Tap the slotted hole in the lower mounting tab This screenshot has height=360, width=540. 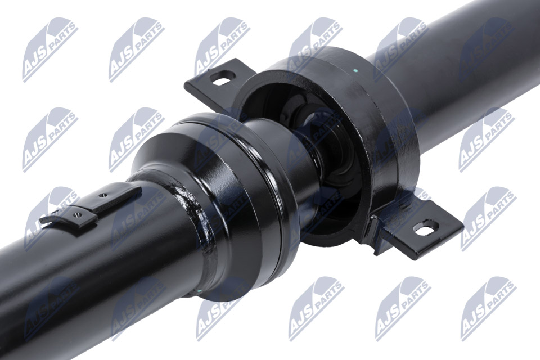pyautogui.click(x=426, y=227)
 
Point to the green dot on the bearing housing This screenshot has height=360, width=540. pyautogui.click(x=356, y=71)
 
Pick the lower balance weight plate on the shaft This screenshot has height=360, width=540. pyautogui.click(x=68, y=219)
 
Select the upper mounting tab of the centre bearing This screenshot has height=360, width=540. pyautogui.click(x=214, y=81)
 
